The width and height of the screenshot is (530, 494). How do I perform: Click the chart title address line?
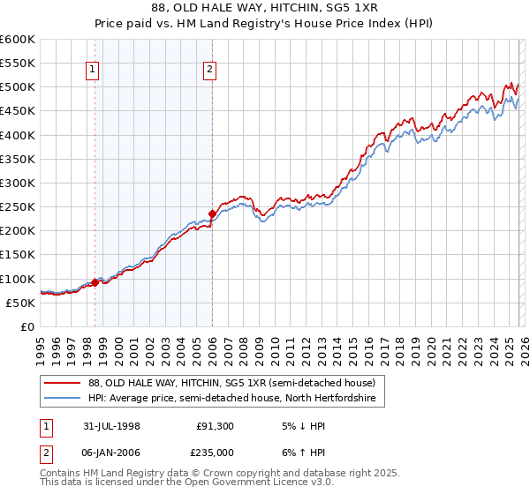click(265, 8)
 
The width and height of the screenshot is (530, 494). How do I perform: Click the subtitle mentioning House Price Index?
click(265, 23)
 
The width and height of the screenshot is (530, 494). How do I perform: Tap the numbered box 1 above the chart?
click(93, 71)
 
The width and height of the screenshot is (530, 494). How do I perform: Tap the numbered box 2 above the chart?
click(210, 71)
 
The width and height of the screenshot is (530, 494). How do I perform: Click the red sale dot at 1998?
click(95, 282)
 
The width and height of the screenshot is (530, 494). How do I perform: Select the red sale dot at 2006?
click(212, 213)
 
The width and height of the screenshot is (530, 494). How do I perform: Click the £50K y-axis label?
click(19, 303)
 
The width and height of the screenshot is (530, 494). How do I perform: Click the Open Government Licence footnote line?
click(186, 484)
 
